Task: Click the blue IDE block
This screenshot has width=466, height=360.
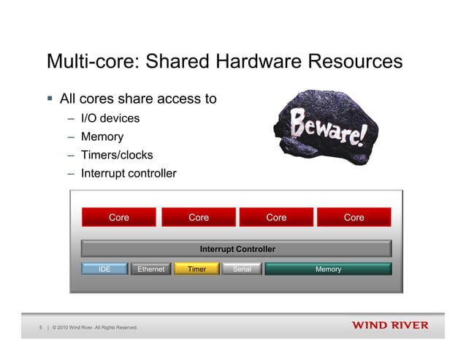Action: point(104,269)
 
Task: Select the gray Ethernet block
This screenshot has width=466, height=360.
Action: point(150,269)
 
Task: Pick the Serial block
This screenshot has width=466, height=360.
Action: point(241,269)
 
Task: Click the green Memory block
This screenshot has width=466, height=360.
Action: point(328,269)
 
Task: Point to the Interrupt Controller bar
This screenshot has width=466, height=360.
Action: point(237,249)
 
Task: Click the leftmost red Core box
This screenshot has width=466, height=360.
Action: point(119,218)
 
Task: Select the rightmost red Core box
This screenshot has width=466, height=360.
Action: point(354,218)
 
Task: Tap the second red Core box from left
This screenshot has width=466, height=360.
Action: point(198,218)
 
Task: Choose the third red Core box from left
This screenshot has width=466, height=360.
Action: point(276,218)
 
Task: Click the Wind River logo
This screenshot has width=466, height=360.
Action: point(390,325)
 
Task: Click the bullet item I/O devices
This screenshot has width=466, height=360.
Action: point(110,118)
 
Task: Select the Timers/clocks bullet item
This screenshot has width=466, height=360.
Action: point(117,155)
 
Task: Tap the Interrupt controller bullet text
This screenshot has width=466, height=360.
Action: point(129,174)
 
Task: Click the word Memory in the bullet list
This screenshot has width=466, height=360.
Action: point(102,137)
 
